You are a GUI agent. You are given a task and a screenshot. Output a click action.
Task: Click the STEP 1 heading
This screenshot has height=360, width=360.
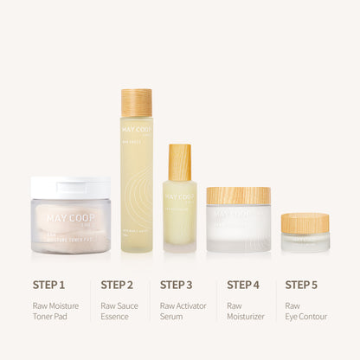(48, 284)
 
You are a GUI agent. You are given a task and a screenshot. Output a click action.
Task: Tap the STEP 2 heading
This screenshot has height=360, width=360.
(117, 284)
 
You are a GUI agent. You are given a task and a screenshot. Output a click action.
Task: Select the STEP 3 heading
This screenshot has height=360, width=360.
(176, 284)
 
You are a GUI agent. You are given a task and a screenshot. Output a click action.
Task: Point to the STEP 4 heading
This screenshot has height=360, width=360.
(243, 284)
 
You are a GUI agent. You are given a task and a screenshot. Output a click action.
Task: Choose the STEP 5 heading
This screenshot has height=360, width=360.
(302, 284)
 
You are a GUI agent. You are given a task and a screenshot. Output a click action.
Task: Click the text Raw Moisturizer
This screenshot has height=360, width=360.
(245, 311)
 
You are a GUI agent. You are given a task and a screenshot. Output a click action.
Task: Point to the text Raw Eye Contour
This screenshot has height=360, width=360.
(306, 311)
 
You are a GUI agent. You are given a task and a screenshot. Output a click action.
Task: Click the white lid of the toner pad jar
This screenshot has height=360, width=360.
(70, 187)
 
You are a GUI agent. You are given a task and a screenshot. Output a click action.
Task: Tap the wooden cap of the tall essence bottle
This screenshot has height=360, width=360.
(136, 103)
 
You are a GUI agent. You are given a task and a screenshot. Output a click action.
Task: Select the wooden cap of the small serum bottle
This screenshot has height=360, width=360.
(179, 163)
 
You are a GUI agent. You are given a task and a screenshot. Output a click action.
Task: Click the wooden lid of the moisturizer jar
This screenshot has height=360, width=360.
(238, 196)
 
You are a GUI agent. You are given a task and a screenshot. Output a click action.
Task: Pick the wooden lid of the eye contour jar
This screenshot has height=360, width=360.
(305, 223)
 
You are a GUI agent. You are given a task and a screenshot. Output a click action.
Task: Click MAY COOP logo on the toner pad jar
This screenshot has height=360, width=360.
(69, 218)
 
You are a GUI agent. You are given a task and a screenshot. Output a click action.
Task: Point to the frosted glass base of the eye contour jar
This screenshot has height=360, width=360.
(305, 242)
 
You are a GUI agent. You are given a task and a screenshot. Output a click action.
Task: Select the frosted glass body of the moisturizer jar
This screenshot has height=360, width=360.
(238, 229)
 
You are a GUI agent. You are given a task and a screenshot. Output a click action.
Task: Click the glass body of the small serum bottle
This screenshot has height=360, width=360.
(179, 212)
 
